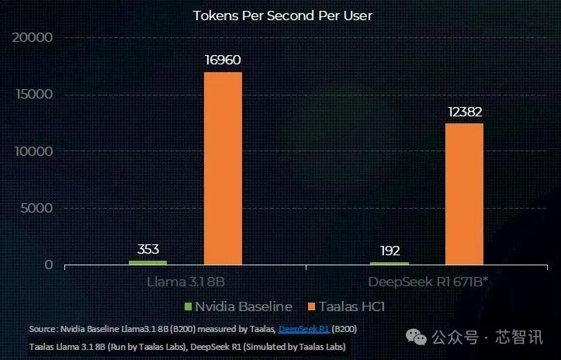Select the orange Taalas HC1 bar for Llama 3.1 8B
(223, 168)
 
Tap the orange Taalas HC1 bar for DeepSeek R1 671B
(464, 193)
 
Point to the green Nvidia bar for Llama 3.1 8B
(147, 262)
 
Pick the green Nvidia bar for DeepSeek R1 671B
(390, 264)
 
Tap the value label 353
(148, 249)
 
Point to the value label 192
(390, 251)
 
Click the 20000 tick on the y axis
(33, 38)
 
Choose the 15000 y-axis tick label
(33, 95)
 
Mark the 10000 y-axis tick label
(33, 151)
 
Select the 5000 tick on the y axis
(36, 208)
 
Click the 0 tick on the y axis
(48, 265)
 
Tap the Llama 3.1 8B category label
(186, 280)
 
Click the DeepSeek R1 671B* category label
(428, 280)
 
